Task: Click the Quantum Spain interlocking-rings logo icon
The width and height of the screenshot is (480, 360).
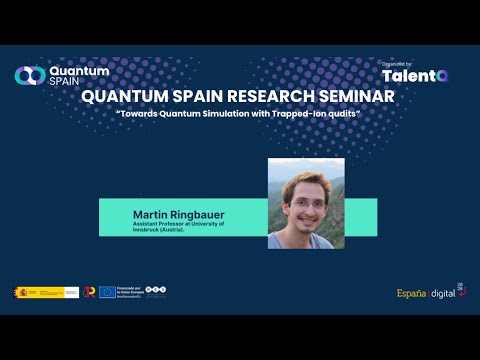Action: point(29,75)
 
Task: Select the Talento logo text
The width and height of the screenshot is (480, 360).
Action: point(414,76)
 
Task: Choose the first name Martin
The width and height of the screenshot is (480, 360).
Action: point(148,214)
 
